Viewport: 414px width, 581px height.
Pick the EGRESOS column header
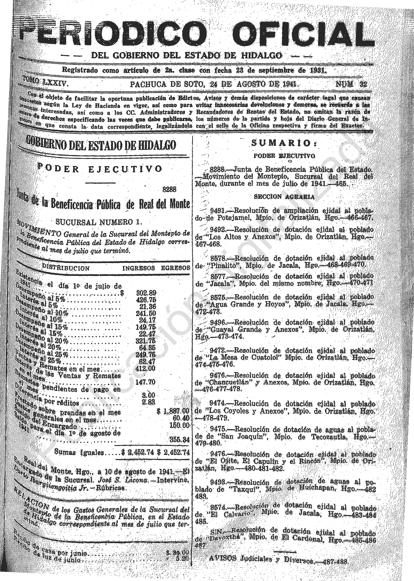pos(176,268)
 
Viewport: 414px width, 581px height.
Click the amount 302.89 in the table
pos(146,293)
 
